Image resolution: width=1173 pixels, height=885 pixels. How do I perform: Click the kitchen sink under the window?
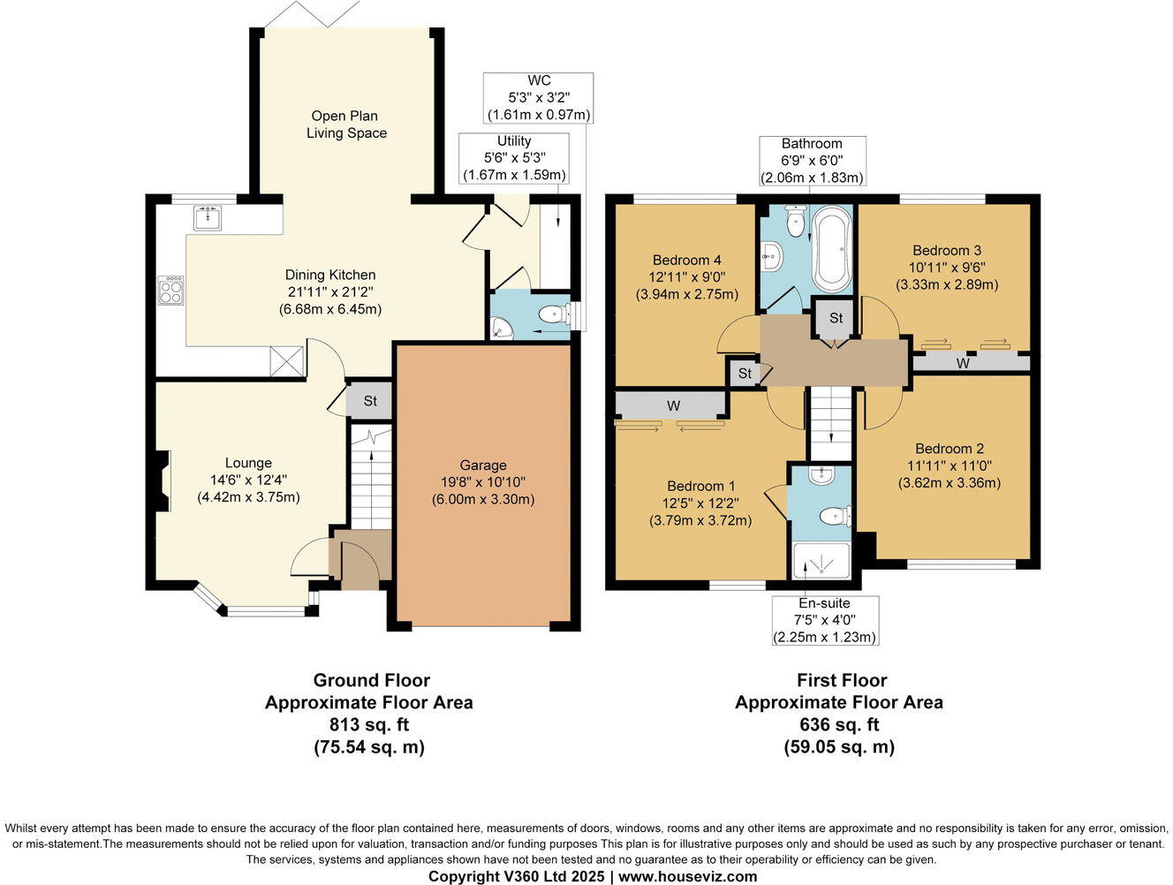(x=208, y=216)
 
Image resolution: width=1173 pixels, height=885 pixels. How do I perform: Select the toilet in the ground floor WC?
(x=556, y=314)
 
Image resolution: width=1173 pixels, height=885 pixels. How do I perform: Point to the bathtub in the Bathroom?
(x=832, y=248)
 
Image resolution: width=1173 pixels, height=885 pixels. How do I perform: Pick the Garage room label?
(x=483, y=465)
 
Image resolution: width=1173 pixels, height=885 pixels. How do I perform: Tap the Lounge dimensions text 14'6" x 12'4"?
(x=248, y=480)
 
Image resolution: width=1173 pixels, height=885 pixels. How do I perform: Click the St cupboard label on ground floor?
(x=370, y=401)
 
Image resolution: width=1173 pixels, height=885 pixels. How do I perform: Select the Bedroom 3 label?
(x=947, y=250)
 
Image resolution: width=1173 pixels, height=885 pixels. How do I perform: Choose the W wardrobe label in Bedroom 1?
(x=673, y=405)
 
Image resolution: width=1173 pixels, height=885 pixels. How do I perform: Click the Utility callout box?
(x=514, y=158)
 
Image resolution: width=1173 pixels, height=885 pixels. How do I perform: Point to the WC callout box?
(x=539, y=97)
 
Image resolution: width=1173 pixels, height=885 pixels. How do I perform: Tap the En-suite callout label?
(x=824, y=603)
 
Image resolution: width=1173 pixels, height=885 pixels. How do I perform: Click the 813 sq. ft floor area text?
(x=368, y=725)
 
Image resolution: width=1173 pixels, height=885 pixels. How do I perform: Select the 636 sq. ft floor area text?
(x=838, y=725)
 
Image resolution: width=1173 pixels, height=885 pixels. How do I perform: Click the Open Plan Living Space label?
(x=346, y=125)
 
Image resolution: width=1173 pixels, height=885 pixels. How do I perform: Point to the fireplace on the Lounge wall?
(x=162, y=481)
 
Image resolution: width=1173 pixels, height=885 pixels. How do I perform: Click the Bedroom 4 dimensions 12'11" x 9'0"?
(x=686, y=277)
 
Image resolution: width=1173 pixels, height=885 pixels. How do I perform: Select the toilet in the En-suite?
(x=834, y=515)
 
